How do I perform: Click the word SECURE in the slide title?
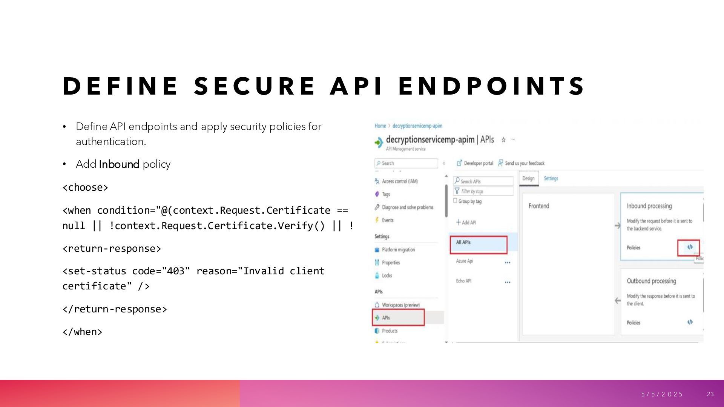point(254,86)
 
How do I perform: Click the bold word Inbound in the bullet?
point(119,164)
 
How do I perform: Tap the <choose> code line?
point(85,188)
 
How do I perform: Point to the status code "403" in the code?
point(176,271)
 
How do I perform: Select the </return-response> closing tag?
point(115,309)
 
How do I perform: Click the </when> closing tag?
point(82,332)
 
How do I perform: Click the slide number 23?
point(710,394)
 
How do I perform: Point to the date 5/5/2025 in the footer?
point(662,394)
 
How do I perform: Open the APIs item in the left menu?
point(386,318)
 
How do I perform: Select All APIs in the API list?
point(463,243)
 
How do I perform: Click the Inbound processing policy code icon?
point(690,247)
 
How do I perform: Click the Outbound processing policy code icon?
point(690,322)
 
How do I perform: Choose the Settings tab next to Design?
point(551,179)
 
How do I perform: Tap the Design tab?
point(528,179)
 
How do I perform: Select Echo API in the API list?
point(464,281)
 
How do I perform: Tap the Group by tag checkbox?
point(455,201)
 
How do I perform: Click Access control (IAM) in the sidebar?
point(400,182)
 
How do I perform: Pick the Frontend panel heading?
point(539,206)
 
